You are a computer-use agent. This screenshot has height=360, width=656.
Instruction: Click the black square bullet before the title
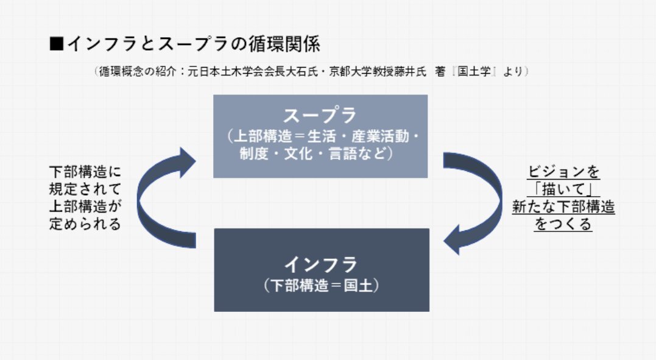pos(56,43)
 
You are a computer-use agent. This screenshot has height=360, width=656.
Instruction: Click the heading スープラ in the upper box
pos(320,115)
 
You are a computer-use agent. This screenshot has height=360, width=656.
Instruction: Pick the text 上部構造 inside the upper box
pos(263,136)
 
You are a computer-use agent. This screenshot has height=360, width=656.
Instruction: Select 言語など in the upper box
pos(358,154)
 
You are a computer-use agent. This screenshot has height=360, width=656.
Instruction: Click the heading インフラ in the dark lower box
pos(321,264)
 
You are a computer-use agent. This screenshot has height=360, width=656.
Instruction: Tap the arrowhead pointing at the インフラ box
pos(452,240)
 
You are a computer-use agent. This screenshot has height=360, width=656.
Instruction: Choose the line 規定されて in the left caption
pos(85,189)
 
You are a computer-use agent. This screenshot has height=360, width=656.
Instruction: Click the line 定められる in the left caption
pos(85,224)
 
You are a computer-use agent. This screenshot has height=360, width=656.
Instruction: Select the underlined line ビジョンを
pos(563,172)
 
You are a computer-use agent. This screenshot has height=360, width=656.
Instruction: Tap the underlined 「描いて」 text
pos(563,189)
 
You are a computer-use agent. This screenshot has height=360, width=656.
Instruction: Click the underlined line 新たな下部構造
pos(563,206)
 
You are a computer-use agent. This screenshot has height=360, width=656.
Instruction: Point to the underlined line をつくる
pos(563,224)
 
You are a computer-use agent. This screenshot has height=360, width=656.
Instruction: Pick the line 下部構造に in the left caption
pos(85,172)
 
